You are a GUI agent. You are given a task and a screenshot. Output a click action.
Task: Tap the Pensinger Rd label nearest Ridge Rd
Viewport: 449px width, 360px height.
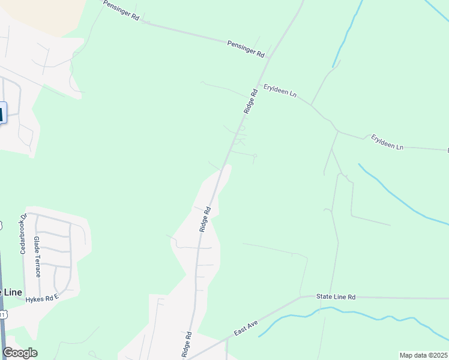(x=246, y=49)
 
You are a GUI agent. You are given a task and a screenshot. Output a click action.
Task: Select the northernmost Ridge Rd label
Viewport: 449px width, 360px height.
(x=251, y=101)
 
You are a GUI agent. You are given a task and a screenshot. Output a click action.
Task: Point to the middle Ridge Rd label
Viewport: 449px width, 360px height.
(x=205, y=219)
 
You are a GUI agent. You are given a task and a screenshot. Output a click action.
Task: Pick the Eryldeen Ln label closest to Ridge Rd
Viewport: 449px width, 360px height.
(x=280, y=94)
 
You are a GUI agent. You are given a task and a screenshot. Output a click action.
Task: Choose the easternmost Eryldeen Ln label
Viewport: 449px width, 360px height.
(x=387, y=142)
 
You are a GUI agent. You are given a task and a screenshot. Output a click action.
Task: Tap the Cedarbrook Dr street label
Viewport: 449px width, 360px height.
(x=24, y=234)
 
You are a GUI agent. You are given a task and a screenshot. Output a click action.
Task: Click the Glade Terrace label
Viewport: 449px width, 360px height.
(x=37, y=256)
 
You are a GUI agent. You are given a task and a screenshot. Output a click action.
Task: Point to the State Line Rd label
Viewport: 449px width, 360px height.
(x=336, y=297)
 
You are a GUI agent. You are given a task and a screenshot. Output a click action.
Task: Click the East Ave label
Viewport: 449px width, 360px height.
(x=246, y=329)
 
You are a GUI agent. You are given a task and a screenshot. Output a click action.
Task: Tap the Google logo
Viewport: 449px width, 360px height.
(x=20, y=353)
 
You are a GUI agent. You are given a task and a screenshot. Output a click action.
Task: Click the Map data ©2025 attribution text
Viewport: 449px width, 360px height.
(x=423, y=355)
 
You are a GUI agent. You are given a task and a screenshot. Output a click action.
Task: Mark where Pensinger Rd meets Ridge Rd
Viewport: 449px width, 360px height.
(x=270, y=58)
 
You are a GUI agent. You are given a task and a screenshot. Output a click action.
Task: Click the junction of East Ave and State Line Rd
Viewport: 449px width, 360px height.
(x=300, y=297)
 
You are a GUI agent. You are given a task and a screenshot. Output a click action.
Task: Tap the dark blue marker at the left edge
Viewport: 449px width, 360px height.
(x=3, y=113)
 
